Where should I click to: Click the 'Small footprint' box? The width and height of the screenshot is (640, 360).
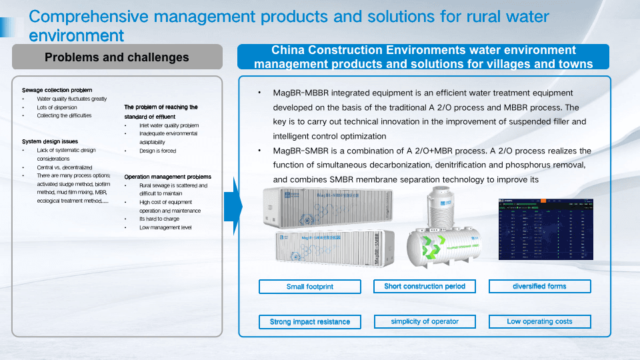click(309, 287)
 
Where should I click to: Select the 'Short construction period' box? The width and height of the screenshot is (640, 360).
click(425, 287)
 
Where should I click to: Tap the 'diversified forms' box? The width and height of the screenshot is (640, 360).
click(539, 287)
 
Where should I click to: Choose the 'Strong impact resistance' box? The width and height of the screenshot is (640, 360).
click(309, 322)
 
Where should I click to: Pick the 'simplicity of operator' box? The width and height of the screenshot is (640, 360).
click(425, 322)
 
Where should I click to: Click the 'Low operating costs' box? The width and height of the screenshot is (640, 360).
click(539, 322)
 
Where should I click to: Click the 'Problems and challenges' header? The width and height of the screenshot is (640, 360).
click(117, 57)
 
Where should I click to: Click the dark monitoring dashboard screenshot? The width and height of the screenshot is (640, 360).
click(545, 228)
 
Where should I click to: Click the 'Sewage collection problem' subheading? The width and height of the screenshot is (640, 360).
click(57, 90)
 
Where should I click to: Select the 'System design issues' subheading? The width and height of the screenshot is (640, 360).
click(50, 141)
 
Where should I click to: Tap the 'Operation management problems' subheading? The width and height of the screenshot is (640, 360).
click(167, 177)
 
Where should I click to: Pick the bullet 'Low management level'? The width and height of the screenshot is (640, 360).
click(165, 227)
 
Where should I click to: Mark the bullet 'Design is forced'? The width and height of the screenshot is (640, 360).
click(157, 151)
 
